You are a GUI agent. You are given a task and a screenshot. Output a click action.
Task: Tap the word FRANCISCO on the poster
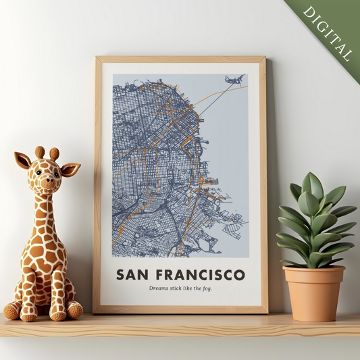pyautogui.click(x=200, y=275)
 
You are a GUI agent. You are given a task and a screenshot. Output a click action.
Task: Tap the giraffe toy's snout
pyautogui.click(x=46, y=183)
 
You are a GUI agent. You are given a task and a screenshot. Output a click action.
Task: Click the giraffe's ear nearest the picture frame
pyautogui.click(x=70, y=168)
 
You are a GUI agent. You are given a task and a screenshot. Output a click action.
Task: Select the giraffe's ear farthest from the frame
pyautogui.click(x=23, y=160)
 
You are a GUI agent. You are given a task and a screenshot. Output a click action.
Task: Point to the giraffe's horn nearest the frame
pyautogui.click(x=55, y=153)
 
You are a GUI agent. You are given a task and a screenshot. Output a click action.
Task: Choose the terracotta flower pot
pyautogui.click(x=313, y=292)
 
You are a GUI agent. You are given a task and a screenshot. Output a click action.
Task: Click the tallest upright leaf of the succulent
pyautogui.click(x=312, y=189)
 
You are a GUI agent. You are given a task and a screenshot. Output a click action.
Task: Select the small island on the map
pyautogui.click(x=234, y=80)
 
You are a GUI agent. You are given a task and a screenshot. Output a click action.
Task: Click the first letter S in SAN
pyautogui.click(x=121, y=275)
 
